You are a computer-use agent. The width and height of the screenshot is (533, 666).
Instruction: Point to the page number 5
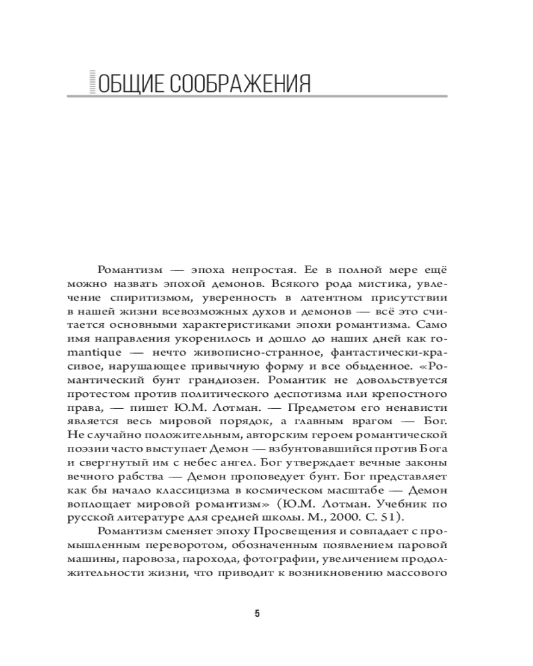257,613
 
